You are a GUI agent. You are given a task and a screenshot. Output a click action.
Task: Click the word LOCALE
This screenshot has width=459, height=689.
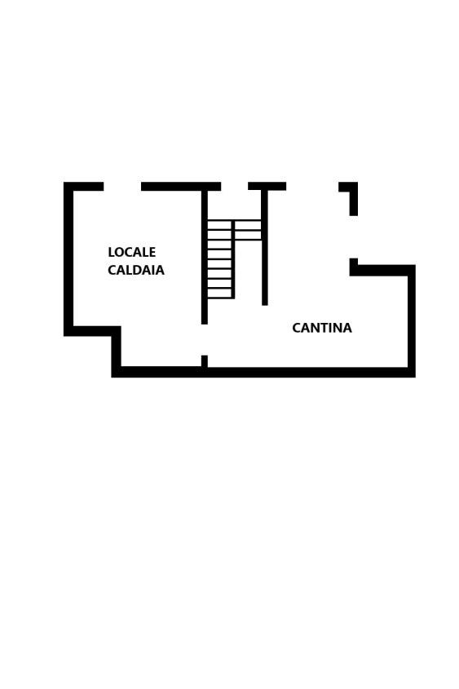[132, 252]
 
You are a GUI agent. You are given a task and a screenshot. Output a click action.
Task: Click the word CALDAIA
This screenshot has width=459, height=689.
[136, 270]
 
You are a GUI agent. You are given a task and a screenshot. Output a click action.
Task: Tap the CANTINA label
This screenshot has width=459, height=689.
[322, 329]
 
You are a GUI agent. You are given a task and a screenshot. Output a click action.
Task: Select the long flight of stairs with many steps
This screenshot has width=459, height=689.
[219, 259]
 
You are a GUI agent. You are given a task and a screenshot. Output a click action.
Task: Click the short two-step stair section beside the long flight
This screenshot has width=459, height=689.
[248, 230]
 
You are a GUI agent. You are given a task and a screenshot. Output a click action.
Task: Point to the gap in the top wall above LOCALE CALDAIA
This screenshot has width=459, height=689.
[122, 186]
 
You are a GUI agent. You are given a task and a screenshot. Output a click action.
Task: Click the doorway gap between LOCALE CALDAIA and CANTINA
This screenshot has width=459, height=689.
[205, 340]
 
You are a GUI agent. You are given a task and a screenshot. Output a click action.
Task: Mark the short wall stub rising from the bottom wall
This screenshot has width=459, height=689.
[205, 361]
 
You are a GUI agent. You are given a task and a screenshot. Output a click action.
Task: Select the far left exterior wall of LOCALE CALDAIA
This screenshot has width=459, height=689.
[68, 259]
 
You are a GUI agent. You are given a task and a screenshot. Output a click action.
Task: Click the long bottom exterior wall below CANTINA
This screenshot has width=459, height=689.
[263, 372]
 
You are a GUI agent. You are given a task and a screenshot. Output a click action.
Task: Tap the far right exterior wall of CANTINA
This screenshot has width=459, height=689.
[412, 320]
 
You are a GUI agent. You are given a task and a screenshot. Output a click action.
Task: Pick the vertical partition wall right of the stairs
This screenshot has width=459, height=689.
[264, 247]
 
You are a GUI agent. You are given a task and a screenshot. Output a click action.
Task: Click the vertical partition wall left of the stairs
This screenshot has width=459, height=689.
[205, 257]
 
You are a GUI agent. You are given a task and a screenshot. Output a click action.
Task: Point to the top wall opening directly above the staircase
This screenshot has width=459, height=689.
[235, 186]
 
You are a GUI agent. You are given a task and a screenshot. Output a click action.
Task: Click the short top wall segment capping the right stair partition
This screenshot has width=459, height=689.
[267, 186]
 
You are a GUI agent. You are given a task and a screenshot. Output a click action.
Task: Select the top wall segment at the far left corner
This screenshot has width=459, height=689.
[83, 186]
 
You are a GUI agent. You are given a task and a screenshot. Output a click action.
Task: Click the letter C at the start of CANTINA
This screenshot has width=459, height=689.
[297, 329]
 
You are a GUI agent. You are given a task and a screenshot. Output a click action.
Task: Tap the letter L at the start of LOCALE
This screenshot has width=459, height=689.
[111, 252]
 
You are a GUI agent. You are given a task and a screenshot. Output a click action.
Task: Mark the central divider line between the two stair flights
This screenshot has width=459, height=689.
[233, 259]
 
